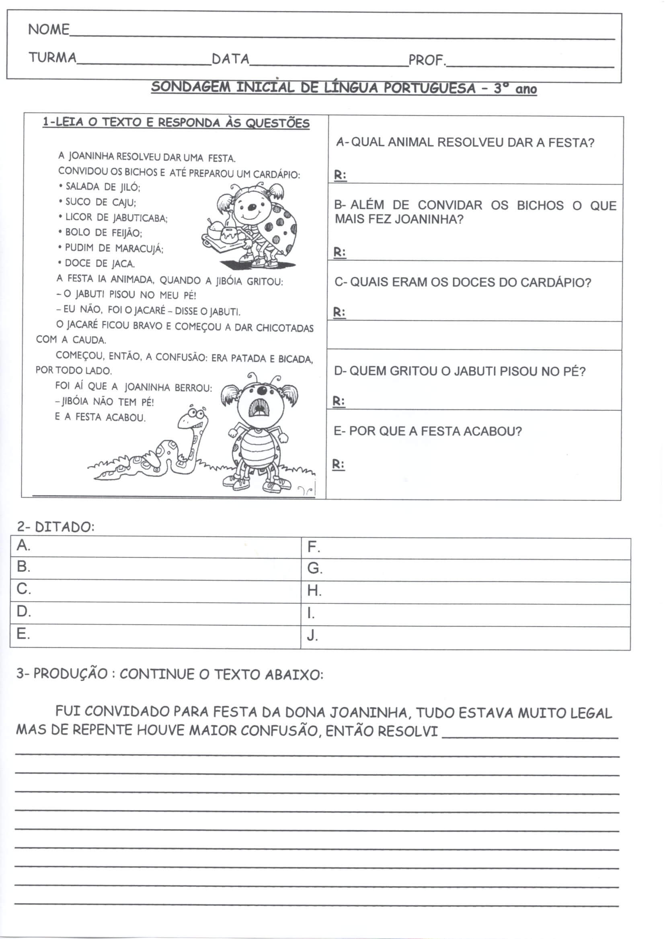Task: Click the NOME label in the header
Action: (48, 29)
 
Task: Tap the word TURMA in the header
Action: (52, 58)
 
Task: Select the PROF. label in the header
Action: (426, 60)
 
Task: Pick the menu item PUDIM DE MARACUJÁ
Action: (114, 248)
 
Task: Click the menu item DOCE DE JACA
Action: (99, 263)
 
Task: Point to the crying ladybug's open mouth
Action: (259, 407)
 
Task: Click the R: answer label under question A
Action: (340, 175)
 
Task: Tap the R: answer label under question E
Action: (338, 465)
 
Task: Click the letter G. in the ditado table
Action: (314, 568)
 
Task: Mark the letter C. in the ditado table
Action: (23, 589)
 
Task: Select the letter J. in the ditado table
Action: (312, 635)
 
